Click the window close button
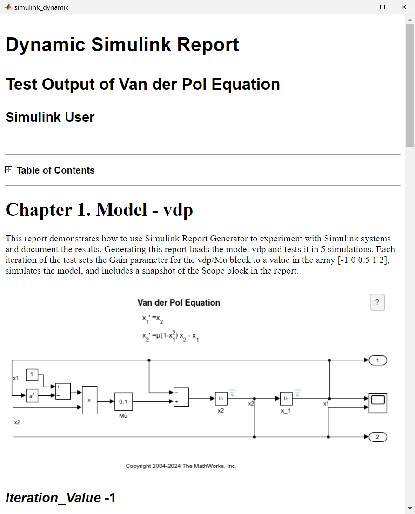403,7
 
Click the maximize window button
382,7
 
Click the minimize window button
361,7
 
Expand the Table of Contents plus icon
9,170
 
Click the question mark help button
377,302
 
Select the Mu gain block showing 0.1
123,401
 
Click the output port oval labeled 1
378,360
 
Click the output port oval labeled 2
378,437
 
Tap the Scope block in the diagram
378,403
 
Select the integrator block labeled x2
221,399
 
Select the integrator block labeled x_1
286,399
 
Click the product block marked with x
89,400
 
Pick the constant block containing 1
32,374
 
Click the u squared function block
32,396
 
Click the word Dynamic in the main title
46,45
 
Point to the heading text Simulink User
50,117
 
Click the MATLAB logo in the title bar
8,7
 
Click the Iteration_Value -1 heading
60,498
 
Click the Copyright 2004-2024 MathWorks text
181,466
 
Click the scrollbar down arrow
410,508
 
